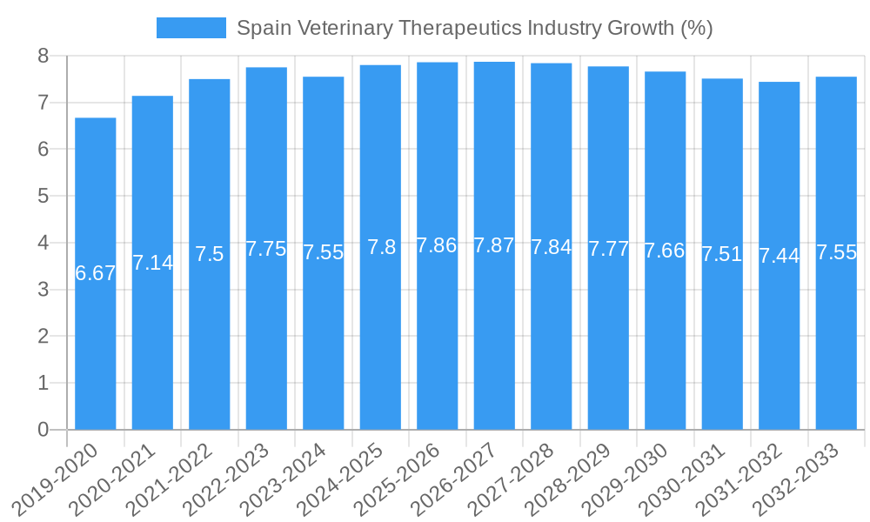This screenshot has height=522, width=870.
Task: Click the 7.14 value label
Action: click(152, 262)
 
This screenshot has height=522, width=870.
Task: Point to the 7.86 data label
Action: click(437, 245)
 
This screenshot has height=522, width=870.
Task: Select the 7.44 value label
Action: click(779, 256)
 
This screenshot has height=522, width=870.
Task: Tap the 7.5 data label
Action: click(210, 254)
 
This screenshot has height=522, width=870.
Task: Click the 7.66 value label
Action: click(665, 251)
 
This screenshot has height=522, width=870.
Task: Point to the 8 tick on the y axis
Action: click(43, 57)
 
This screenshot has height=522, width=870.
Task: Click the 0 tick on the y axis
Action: click(43, 430)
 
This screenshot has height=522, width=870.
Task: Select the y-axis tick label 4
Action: click(43, 243)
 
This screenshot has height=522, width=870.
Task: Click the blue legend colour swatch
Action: click(191, 28)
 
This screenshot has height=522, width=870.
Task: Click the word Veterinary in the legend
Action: click(343, 28)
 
